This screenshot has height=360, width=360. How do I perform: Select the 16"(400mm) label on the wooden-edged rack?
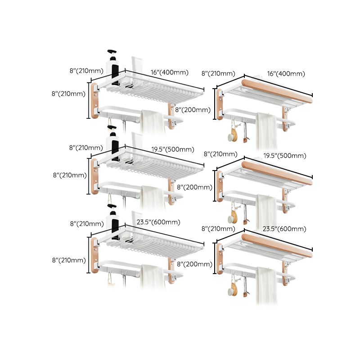point(286,74)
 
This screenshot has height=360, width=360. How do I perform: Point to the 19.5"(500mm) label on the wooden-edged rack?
point(286,156)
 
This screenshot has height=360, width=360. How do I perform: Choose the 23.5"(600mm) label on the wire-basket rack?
point(158,222)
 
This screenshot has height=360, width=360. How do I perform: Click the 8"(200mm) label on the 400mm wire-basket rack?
point(193,110)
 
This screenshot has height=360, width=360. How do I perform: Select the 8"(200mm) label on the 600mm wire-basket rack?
point(193,264)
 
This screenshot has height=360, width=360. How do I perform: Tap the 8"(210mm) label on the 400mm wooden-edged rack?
point(218,74)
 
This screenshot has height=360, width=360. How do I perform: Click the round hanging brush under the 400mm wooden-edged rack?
point(232,135)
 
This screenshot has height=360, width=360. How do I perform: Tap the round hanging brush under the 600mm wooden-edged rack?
point(232,288)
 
